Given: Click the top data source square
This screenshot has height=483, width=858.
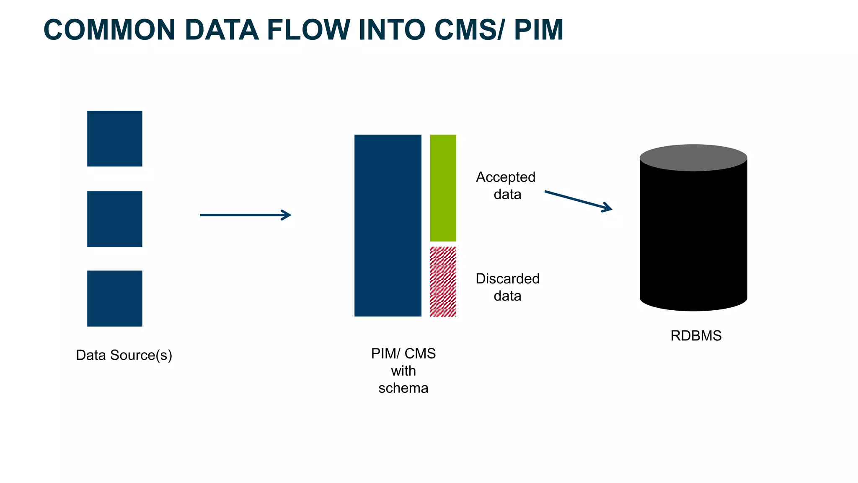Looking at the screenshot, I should click(114, 138).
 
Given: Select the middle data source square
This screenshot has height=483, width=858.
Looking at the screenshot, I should click(114, 219).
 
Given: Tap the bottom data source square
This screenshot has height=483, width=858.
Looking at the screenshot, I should click(114, 298).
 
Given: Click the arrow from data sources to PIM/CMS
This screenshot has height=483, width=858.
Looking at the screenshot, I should click(245, 215).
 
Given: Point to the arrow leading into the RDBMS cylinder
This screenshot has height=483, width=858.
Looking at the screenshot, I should click(578, 201).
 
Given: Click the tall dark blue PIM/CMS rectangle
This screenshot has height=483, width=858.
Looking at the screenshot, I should click(388, 225).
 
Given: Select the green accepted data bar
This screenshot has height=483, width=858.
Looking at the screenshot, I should click(443, 187).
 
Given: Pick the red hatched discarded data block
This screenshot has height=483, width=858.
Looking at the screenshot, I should click(443, 281).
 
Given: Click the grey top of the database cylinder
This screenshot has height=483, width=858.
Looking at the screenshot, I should click(693, 157).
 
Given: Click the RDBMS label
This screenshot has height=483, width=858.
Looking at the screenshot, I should click(696, 335).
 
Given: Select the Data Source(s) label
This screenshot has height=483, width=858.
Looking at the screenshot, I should click(124, 355).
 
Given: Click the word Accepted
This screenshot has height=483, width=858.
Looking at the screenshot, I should click(506, 177).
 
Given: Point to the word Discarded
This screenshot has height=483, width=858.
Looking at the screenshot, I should click(507, 278).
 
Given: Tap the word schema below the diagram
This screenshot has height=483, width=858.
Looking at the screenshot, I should click(403, 388).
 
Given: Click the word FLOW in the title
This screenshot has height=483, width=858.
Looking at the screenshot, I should click(308, 30).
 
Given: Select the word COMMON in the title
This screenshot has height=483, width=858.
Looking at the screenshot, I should click(109, 30).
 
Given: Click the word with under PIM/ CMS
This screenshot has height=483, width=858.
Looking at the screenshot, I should click(403, 371).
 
